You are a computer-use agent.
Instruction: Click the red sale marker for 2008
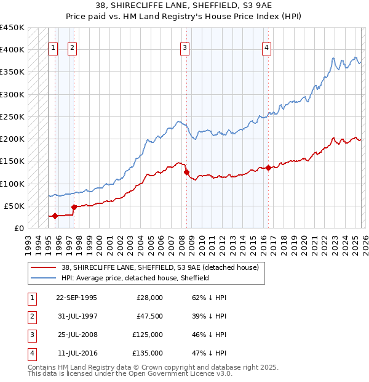click(186, 173)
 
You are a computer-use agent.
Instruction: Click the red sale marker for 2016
click(268, 168)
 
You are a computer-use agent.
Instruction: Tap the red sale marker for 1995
click(55, 216)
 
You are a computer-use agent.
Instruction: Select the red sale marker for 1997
click(74, 207)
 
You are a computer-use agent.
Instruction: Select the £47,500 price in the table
click(150, 316)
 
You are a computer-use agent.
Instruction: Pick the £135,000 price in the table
click(148, 353)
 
